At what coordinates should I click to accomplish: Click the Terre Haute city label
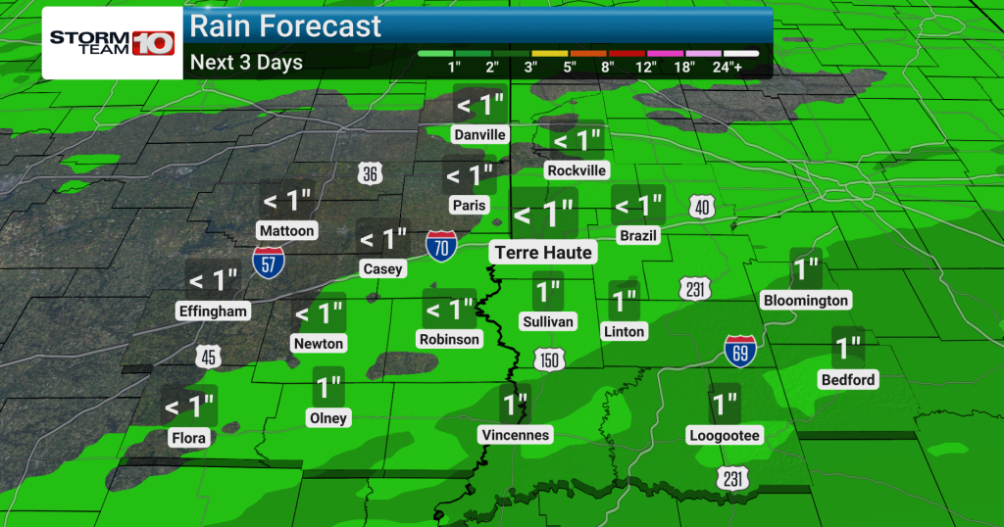[x=543, y=253]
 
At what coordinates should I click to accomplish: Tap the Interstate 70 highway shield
[x=441, y=246]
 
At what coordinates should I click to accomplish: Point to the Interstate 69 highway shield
[x=738, y=351]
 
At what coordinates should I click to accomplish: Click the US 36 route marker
[x=369, y=174]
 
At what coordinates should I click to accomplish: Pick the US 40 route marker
[x=702, y=206]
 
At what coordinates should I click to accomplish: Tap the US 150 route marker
[x=550, y=359]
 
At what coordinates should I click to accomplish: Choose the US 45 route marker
[x=208, y=357]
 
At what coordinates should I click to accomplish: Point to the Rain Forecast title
[x=285, y=25]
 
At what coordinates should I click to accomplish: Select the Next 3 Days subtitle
[x=246, y=63]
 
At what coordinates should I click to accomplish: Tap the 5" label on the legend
[x=569, y=67]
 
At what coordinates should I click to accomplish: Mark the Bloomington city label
[x=806, y=301]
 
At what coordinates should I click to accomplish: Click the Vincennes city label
[x=516, y=434]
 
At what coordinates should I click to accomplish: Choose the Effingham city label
[x=214, y=311]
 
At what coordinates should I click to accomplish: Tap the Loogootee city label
[x=725, y=435]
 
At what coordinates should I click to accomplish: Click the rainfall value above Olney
[x=328, y=388]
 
